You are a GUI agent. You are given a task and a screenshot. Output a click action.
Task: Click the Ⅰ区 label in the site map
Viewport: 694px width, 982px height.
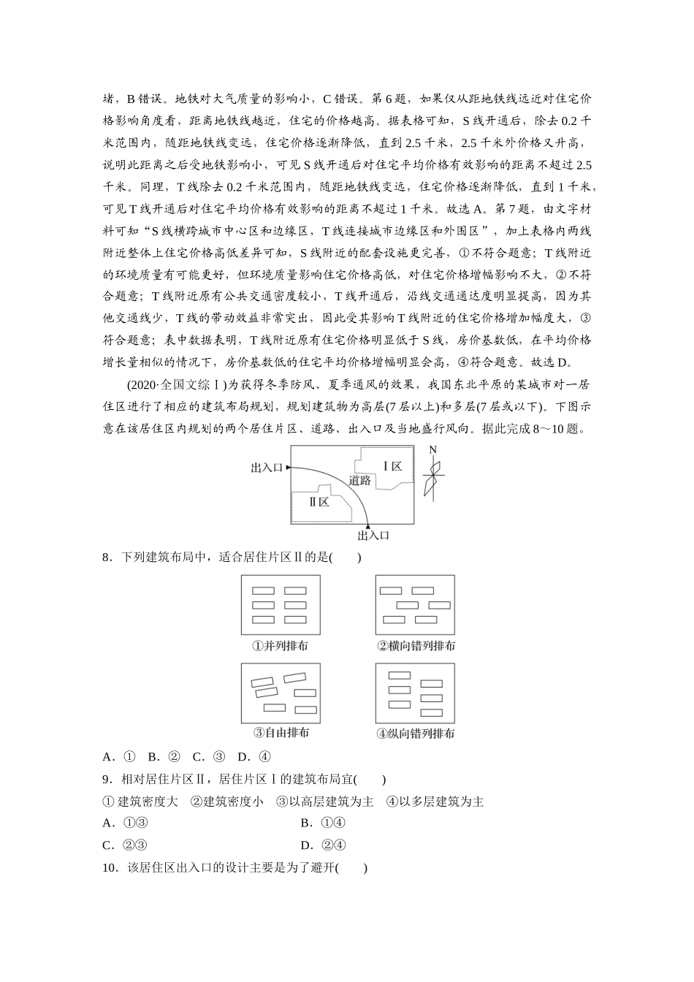pos(392,466)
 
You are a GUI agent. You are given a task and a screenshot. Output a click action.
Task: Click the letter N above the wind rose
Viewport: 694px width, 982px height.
pos(432,450)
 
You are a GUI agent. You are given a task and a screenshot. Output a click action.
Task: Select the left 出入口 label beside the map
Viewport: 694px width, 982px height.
pos(267,467)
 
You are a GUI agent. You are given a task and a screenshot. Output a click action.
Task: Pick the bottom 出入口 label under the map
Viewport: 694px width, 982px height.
pos(373,536)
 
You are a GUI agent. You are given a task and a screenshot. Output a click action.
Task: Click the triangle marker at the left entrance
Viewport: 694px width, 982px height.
pos(289,467)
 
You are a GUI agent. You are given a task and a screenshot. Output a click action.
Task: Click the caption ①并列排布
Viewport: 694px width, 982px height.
pos(281,646)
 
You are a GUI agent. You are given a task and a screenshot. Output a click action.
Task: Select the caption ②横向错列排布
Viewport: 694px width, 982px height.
pos(416,646)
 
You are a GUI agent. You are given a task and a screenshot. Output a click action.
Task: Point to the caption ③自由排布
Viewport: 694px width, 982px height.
pos(281,733)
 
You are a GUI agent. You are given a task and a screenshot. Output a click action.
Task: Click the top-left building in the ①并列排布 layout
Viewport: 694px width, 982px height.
pos(264,591)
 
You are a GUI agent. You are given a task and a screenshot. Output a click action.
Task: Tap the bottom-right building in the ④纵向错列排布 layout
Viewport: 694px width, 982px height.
pos(432,712)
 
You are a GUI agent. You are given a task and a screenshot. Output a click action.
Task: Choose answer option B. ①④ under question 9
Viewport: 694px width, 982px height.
pos(322,823)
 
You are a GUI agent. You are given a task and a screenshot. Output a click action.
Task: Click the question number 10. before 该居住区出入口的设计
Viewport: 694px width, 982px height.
pos(110,868)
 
